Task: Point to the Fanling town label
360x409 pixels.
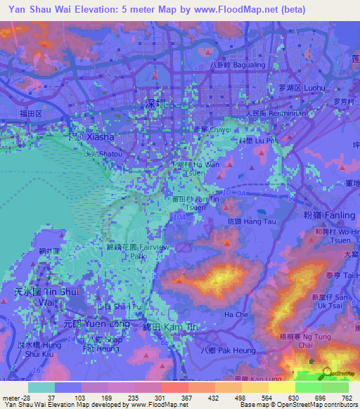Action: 330,212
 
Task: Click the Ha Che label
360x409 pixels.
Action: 236,314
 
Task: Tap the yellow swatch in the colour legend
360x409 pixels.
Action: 281,387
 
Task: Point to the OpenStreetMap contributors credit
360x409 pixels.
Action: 320,405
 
